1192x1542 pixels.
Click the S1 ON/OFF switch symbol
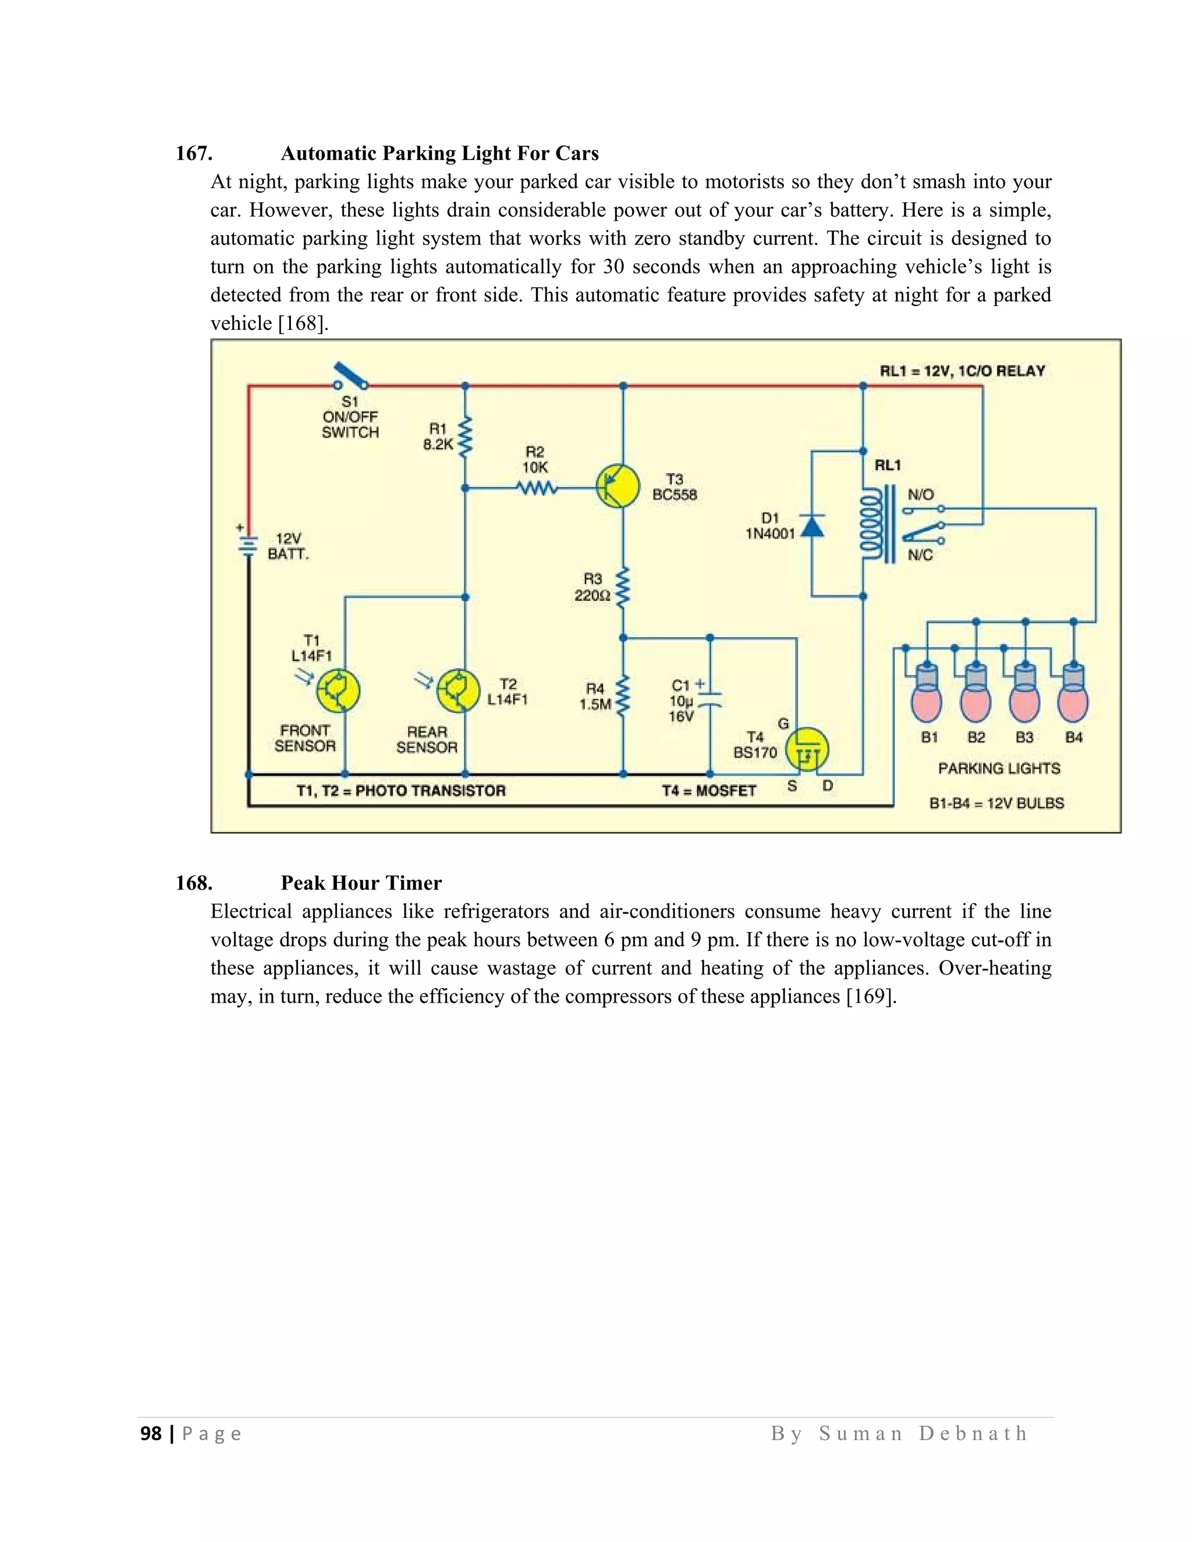(352, 377)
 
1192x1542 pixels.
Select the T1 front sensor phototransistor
(338, 691)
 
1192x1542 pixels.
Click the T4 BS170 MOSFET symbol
(807, 750)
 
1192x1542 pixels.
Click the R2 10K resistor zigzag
(536, 488)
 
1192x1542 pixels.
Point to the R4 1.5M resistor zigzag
(623, 696)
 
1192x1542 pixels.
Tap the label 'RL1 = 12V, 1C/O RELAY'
(962, 371)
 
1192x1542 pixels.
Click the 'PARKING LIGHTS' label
(999, 768)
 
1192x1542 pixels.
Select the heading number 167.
(193, 153)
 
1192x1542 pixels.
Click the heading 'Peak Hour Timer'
(361, 883)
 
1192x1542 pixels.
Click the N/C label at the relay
(920, 555)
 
